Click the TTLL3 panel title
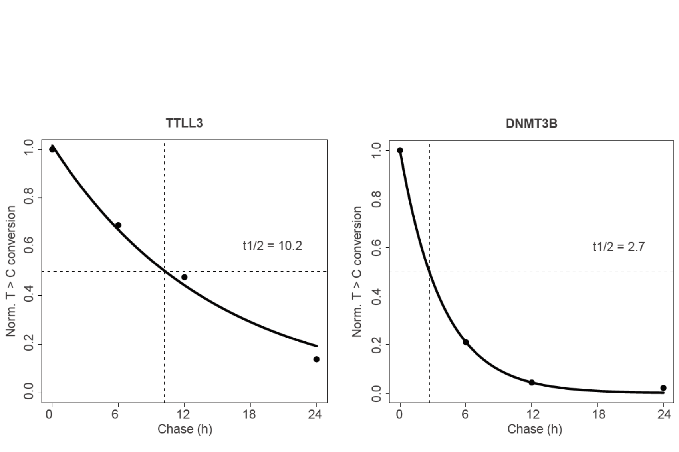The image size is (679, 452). [184, 123]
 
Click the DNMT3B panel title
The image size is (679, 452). [531, 124]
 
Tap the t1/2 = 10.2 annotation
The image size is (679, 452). [272, 246]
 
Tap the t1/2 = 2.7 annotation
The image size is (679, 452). [618, 247]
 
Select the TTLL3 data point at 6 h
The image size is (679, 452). [118, 225]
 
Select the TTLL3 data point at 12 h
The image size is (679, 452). [184, 277]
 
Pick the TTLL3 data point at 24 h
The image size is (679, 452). [316, 359]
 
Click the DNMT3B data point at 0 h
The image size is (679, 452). [400, 150]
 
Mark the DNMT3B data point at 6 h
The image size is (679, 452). [466, 342]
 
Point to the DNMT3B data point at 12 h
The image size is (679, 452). [532, 383]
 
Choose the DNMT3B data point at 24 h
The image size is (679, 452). [663, 388]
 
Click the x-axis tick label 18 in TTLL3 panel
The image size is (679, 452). [249, 414]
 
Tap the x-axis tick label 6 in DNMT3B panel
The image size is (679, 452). [465, 414]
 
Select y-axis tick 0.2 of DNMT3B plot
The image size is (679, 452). [376, 344]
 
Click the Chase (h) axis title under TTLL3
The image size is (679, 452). [185, 429]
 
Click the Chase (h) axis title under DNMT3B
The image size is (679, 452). [534, 429]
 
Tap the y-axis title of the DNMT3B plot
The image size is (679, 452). [357, 271]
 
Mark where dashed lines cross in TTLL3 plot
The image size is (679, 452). [164, 271]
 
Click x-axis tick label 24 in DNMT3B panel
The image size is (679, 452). [664, 414]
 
